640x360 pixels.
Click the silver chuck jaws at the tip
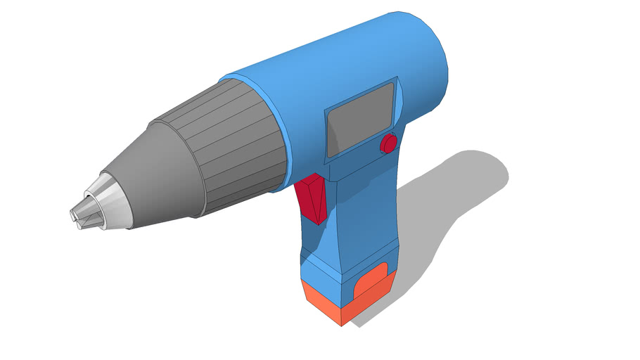click(x=79, y=215)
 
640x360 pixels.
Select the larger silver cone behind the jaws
click(x=109, y=203)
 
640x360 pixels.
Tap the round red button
click(x=388, y=144)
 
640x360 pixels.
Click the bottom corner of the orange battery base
click(x=342, y=323)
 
